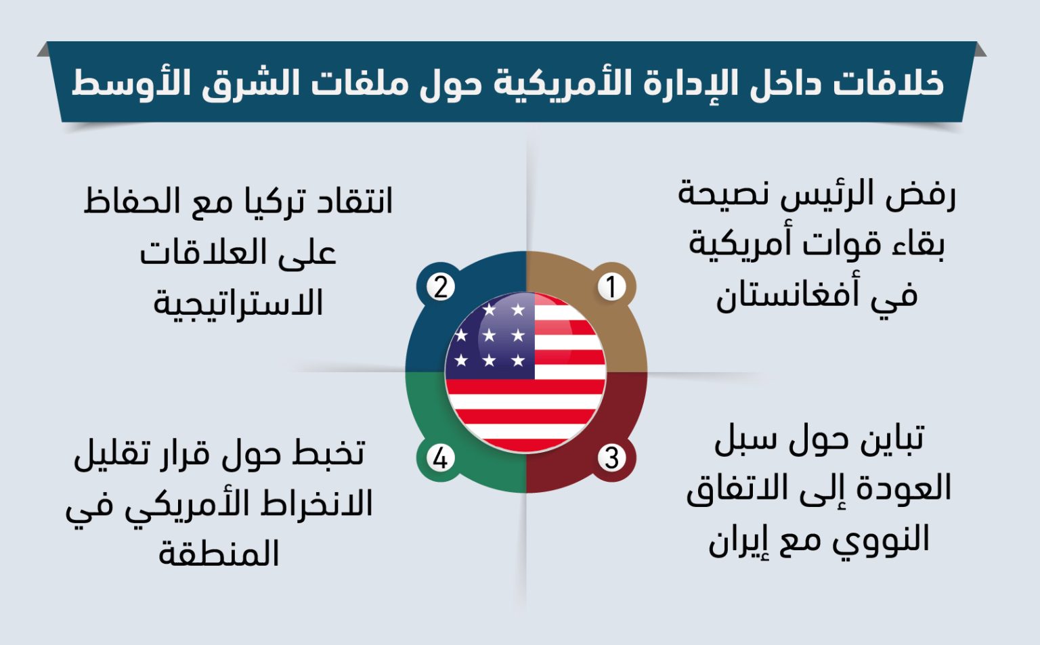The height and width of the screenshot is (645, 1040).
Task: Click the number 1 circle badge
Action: pyautogui.click(x=611, y=286)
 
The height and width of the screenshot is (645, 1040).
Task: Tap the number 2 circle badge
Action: pyautogui.click(x=440, y=286)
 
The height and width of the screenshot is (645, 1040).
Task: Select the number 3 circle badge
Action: pyautogui.click(x=611, y=458)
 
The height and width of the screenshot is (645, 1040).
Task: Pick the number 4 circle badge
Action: pyautogui.click(x=440, y=458)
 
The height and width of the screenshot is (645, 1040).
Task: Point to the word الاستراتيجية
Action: pyautogui.click(x=238, y=302)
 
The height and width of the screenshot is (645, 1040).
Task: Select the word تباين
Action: pyautogui.click(x=892, y=439)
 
